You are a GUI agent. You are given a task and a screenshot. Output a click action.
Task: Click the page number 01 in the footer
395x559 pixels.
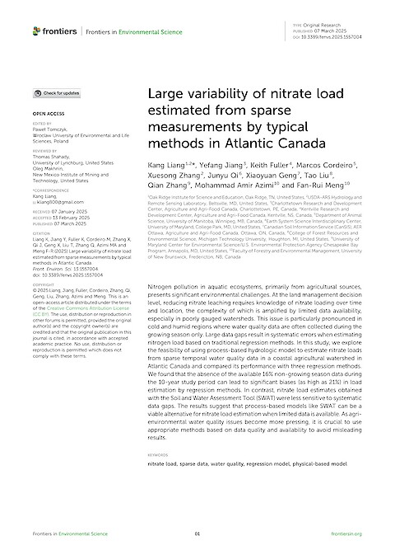(197, 534)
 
